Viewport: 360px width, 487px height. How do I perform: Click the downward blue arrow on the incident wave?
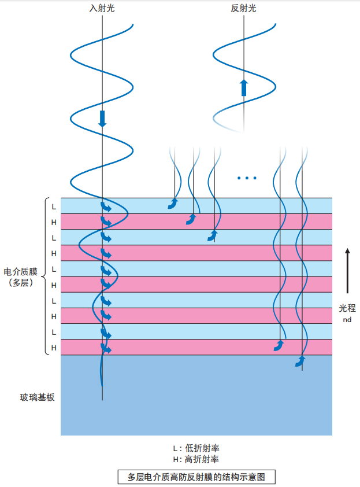click(x=103, y=119)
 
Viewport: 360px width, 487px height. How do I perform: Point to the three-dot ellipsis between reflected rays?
click(x=247, y=178)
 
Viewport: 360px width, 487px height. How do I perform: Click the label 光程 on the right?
click(x=347, y=309)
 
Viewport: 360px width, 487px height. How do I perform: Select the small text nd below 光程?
click(x=347, y=319)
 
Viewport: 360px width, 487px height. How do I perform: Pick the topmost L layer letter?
click(x=54, y=206)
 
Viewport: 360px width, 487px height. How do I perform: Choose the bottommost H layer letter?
click(x=54, y=348)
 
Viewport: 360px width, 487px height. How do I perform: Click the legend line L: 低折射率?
click(x=196, y=448)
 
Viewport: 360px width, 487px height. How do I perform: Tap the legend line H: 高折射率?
click(x=196, y=459)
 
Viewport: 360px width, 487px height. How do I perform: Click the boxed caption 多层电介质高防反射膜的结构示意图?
click(x=196, y=477)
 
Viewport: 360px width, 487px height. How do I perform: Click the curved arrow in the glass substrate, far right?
click(x=300, y=361)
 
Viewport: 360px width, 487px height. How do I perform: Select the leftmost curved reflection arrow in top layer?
click(x=173, y=203)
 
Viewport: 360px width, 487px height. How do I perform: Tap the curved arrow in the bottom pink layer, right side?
click(x=279, y=346)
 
